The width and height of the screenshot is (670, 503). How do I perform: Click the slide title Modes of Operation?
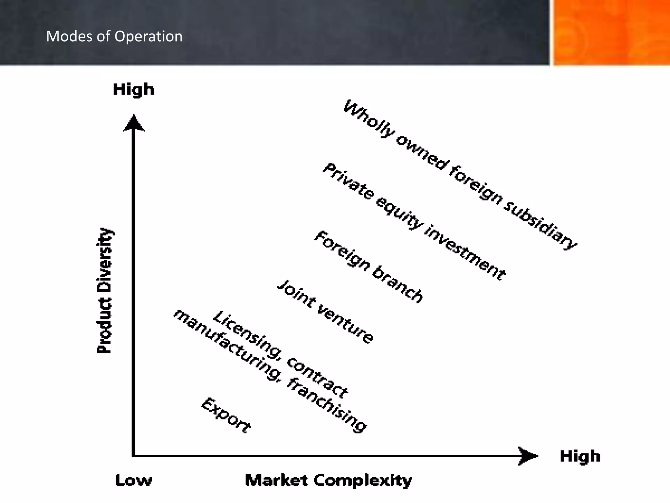(x=114, y=36)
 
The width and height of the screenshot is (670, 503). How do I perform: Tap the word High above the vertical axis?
(x=133, y=89)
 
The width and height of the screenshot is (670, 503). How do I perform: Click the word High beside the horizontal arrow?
(x=580, y=456)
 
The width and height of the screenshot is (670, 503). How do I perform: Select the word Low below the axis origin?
(x=133, y=480)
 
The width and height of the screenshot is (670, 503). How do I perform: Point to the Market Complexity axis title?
(x=328, y=480)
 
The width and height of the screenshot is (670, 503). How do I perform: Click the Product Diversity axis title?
(x=104, y=291)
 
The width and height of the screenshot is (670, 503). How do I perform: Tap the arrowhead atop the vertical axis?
(x=133, y=123)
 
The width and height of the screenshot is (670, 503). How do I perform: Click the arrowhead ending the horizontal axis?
(x=527, y=456)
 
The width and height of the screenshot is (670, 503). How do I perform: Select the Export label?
(x=226, y=415)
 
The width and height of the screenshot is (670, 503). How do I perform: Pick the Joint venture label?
(x=325, y=312)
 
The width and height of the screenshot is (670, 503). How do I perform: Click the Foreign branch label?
(x=369, y=267)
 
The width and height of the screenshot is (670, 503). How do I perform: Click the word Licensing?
(x=247, y=335)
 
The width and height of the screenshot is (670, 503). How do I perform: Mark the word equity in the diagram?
(x=399, y=213)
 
